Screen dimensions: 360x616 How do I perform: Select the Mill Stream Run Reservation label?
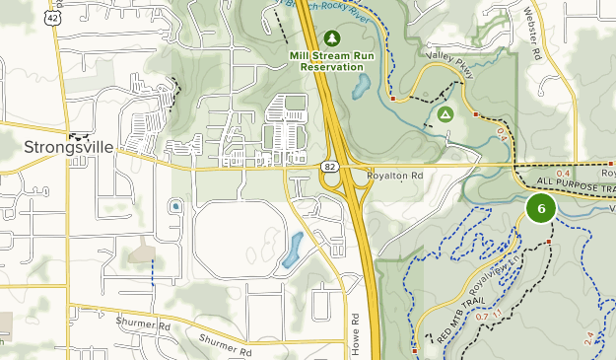(332, 60)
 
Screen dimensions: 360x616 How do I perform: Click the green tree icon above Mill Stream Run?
(332, 38)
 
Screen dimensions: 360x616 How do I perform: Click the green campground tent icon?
(445, 114)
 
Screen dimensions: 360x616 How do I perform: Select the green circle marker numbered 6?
(540, 209)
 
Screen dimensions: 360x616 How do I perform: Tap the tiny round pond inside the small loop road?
(175, 206)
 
